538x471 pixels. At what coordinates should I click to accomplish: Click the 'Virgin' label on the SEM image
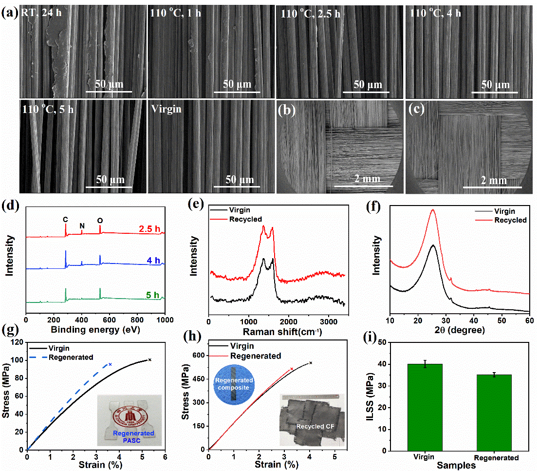(x=166, y=109)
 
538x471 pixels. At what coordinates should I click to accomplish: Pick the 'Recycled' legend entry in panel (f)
(x=510, y=220)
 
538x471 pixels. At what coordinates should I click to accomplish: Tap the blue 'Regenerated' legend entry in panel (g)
(x=70, y=357)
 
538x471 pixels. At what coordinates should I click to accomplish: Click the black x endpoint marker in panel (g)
(x=149, y=360)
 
